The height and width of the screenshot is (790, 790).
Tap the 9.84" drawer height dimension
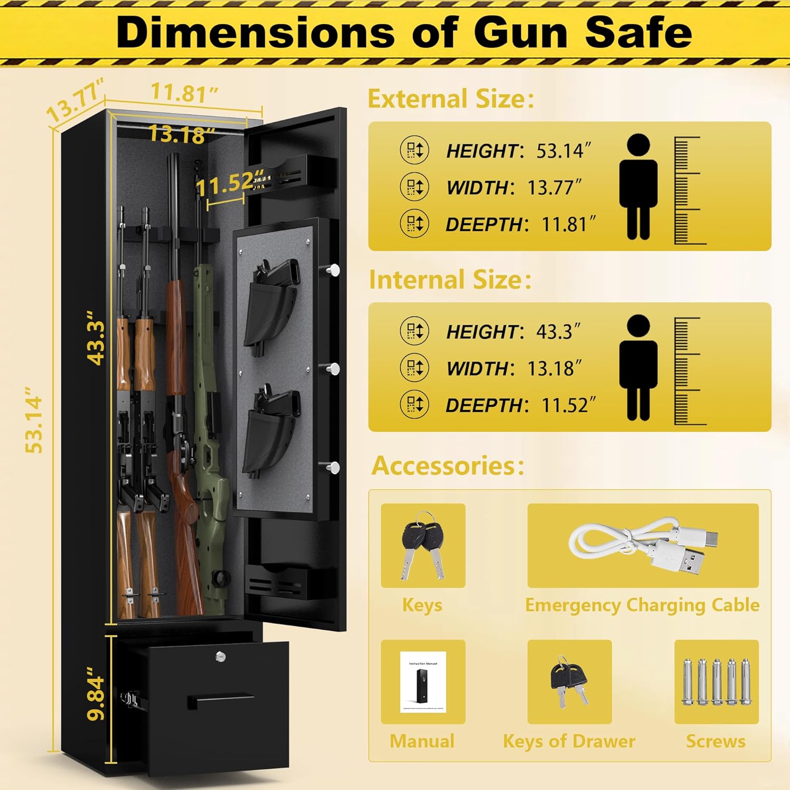[97, 694]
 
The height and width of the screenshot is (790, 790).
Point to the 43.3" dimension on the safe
[96, 337]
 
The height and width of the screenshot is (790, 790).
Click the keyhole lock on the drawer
[220, 656]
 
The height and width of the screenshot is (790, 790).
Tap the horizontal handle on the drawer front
[220, 701]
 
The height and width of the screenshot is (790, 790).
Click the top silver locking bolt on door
[333, 270]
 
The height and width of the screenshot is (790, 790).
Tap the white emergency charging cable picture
[643, 546]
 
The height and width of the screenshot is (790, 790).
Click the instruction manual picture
[423, 682]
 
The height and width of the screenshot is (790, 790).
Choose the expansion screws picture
[716, 682]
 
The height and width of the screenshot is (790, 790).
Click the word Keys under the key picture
[422, 605]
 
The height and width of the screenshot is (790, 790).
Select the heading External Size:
[451, 99]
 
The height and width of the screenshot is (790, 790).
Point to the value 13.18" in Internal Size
[554, 369]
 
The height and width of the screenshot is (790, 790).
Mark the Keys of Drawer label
[569, 742]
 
